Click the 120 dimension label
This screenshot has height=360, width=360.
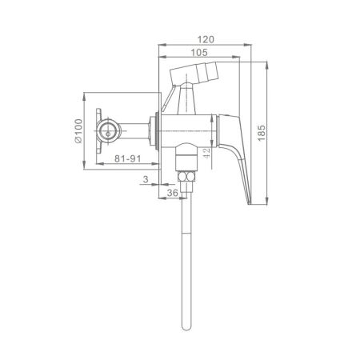click(x=206, y=39)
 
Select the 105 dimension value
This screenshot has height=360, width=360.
click(x=199, y=53)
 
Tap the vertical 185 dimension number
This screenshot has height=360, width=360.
click(x=262, y=133)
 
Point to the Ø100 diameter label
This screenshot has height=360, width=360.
click(x=78, y=131)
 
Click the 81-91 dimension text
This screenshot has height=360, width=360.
click(x=128, y=158)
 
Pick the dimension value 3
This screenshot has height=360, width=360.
click(x=146, y=179)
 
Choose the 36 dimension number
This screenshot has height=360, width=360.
click(x=172, y=193)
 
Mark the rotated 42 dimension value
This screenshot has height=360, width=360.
click(x=206, y=154)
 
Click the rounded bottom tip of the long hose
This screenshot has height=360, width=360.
click(x=186, y=329)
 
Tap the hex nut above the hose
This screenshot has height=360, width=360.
click(x=186, y=177)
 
